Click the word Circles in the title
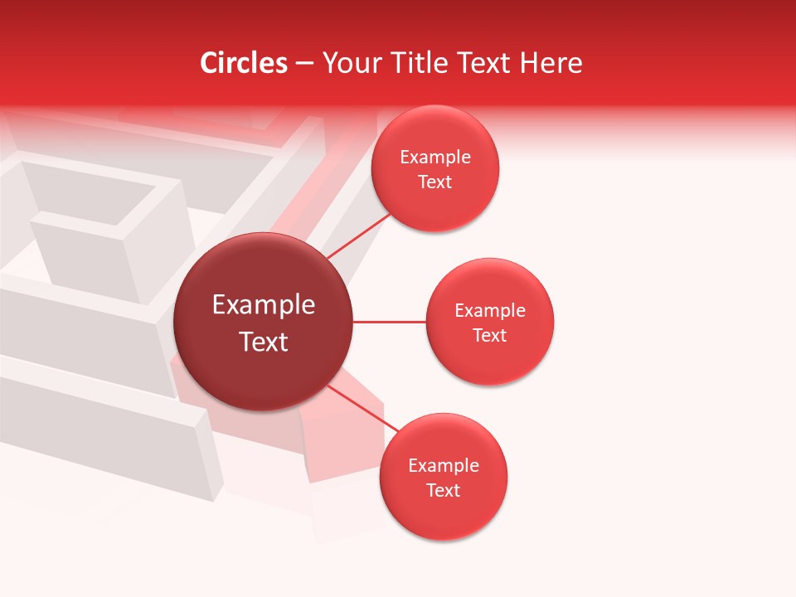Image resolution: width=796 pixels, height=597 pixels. [x=244, y=63]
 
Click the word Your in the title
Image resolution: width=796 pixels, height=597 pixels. [x=350, y=63]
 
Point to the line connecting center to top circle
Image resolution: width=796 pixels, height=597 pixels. [x=359, y=235]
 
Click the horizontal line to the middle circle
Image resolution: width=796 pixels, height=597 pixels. [x=389, y=322]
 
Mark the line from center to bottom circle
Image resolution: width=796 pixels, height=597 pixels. [x=362, y=408]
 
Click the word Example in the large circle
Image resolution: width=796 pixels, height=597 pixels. [x=264, y=305]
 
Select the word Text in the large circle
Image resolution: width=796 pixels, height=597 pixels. [x=264, y=342]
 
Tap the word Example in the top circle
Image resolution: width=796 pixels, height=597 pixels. [x=435, y=158]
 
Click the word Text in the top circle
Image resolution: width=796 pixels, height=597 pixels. [x=435, y=182]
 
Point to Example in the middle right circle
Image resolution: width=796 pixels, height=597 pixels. [x=490, y=311]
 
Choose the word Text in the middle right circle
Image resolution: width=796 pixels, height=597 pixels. [x=490, y=336]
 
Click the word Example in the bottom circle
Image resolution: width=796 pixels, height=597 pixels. [x=444, y=466]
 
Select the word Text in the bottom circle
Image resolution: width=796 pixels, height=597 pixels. [x=444, y=491]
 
